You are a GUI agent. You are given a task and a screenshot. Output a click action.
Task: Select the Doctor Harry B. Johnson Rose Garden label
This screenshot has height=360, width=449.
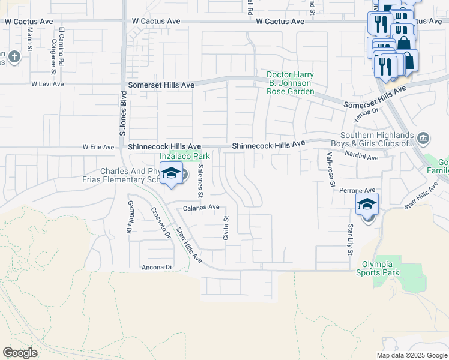(291, 83)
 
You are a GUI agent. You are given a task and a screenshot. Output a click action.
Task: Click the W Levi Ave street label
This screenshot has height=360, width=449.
(47, 84)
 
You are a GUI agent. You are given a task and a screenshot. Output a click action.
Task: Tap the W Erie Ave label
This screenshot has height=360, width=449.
(98, 147)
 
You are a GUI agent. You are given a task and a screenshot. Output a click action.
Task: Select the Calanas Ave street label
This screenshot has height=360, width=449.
(200, 208)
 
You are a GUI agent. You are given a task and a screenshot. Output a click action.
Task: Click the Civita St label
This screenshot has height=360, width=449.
(226, 227)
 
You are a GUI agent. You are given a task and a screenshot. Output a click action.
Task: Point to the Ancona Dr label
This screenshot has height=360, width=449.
(157, 267)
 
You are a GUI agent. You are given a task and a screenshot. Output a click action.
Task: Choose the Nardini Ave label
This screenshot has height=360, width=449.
(361, 157)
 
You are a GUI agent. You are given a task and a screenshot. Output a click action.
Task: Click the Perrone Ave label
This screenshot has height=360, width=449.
(357, 190)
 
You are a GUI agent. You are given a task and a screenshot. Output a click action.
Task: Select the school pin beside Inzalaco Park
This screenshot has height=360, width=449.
(172, 173)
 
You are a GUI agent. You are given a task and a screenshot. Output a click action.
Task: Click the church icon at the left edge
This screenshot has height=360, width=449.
(15, 58)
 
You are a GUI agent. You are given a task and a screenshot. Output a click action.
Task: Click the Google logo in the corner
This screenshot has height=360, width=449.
(20, 353)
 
